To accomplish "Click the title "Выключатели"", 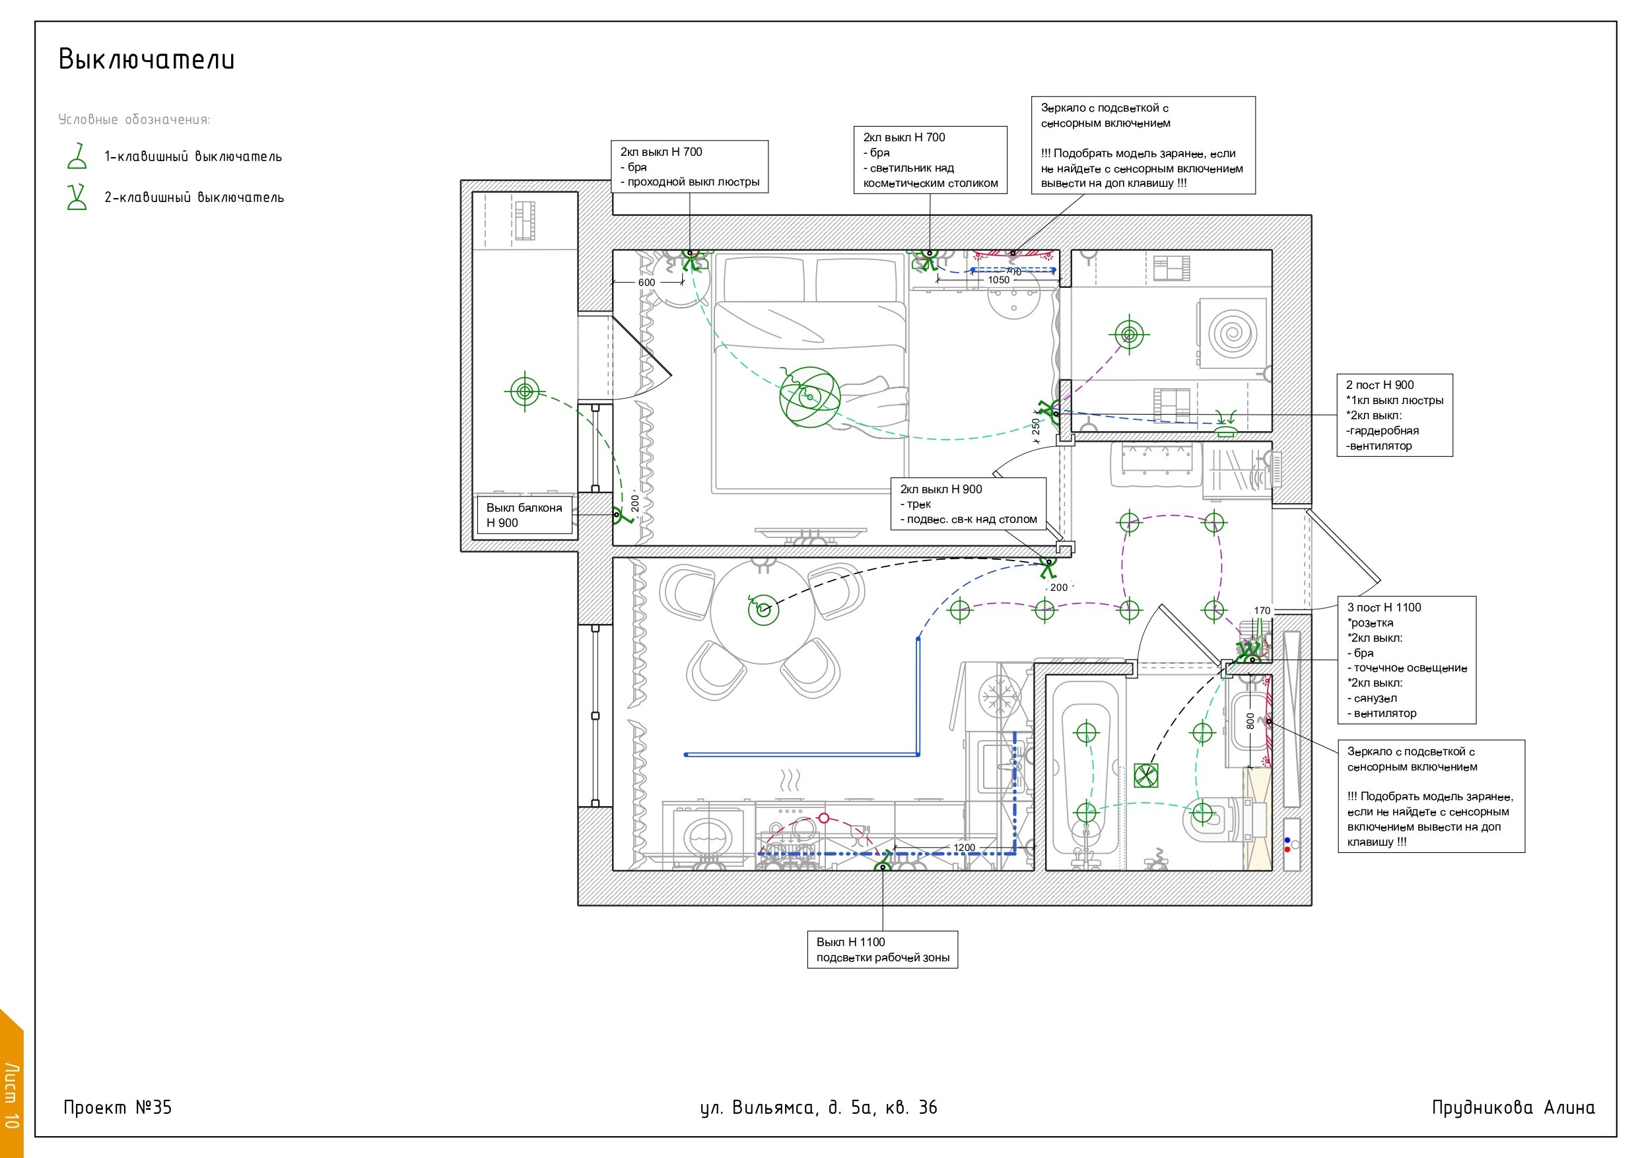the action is [x=147, y=59].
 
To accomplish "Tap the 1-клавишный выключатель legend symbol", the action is [x=77, y=156].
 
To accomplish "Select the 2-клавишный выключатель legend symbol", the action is [x=77, y=197].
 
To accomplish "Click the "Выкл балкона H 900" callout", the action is [x=524, y=515].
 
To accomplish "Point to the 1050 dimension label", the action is [x=999, y=281].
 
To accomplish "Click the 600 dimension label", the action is [x=646, y=283].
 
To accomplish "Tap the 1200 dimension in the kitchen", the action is [x=964, y=848].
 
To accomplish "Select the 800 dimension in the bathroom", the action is [x=1250, y=721].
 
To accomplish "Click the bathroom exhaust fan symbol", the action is [x=1145, y=776].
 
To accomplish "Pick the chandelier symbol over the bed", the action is [x=809, y=397].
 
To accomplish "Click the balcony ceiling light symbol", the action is [x=524, y=391].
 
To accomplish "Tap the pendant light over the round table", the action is [x=763, y=610].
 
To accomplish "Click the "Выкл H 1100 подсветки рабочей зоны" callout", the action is [x=883, y=949].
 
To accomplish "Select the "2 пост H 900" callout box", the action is [x=1395, y=415].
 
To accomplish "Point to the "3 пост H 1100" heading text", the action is [x=1384, y=608].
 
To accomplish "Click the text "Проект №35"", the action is [x=118, y=1107].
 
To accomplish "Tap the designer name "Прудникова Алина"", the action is [x=1513, y=1107].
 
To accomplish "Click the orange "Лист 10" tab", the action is [x=11, y=1085].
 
